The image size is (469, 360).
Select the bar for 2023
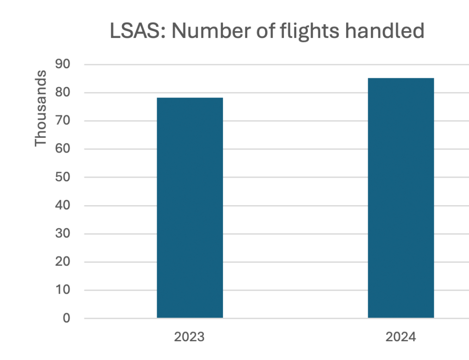tap(190, 207)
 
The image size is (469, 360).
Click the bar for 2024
tap(401, 198)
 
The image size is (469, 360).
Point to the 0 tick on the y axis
tap(67, 318)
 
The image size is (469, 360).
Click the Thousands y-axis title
tap(41, 108)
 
